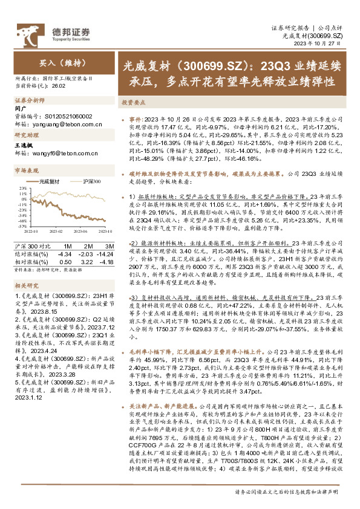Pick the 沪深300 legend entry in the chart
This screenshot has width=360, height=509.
[89, 181]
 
